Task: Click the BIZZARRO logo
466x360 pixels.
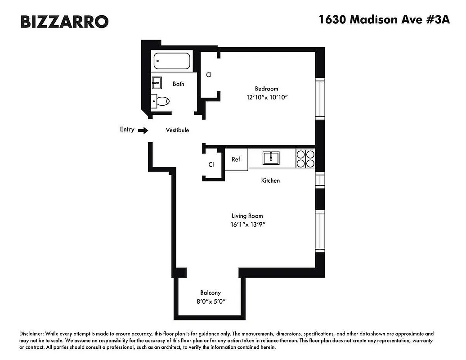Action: (x=64, y=22)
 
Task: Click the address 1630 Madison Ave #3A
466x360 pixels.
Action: (x=384, y=20)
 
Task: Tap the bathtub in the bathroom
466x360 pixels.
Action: (x=172, y=61)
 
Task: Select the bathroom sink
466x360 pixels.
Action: (x=157, y=83)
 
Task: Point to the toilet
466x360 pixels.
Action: (x=161, y=101)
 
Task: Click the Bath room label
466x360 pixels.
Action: (x=178, y=84)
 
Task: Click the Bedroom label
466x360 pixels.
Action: (x=266, y=89)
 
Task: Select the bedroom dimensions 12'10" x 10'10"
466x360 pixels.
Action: (x=266, y=97)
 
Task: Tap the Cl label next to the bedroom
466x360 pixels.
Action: (x=209, y=75)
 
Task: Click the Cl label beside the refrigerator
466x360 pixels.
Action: (x=211, y=165)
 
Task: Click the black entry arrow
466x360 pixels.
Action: (x=143, y=130)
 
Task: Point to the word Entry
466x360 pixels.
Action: (x=127, y=130)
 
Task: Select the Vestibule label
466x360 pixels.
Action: (x=177, y=130)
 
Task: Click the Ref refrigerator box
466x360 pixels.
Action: (x=236, y=160)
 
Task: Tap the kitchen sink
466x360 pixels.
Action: (x=271, y=158)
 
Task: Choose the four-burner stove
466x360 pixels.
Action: (x=305, y=159)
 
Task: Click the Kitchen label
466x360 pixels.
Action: (x=270, y=180)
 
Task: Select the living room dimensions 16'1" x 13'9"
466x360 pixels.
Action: (x=247, y=224)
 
